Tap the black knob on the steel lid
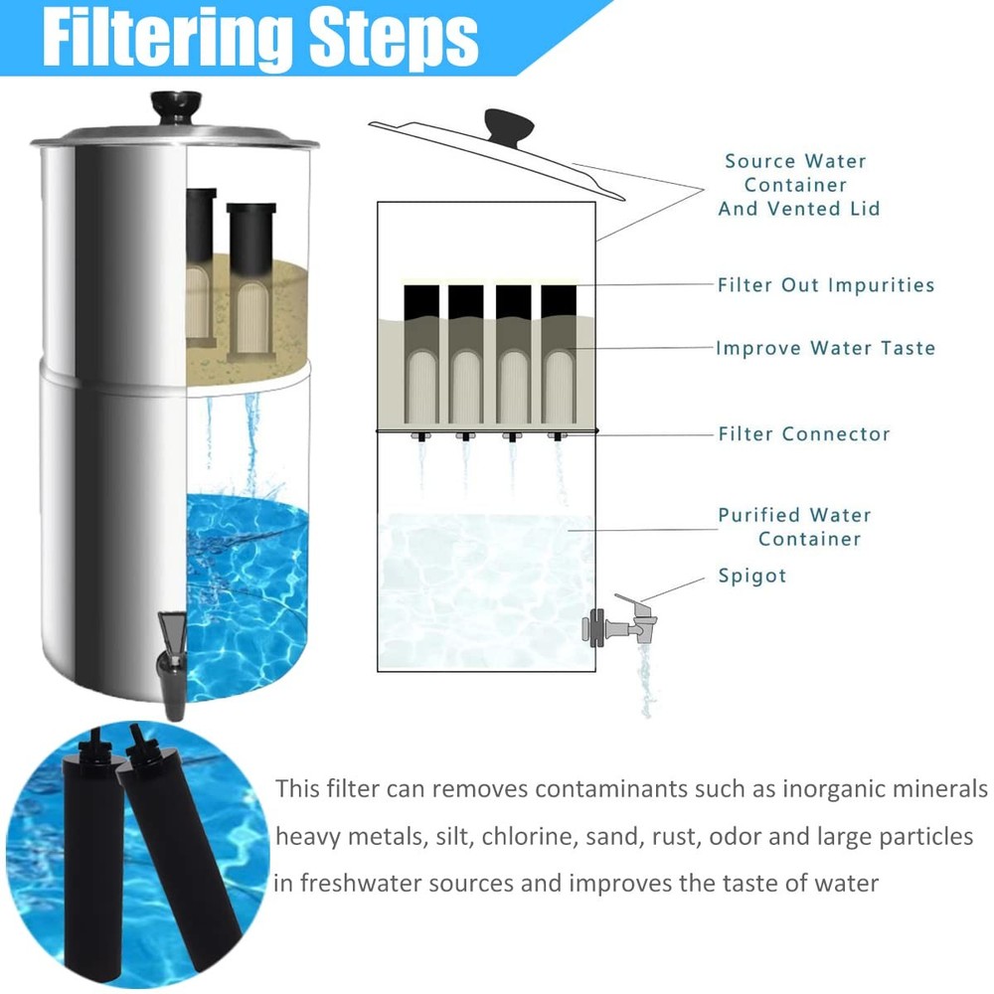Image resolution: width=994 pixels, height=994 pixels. click(x=175, y=104)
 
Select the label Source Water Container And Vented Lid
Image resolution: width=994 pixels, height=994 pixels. click(x=797, y=185)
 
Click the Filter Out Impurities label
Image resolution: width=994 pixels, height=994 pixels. click(x=826, y=285)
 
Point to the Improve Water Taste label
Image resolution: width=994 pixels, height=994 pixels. click(x=825, y=348)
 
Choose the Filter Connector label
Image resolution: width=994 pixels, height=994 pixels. click(x=804, y=434)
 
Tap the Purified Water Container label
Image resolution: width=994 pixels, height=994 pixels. click(x=795, y=527)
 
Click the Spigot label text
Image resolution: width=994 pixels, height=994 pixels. click(x=752, y=576)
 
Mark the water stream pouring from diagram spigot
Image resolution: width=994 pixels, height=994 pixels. click(x=646, y=681)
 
